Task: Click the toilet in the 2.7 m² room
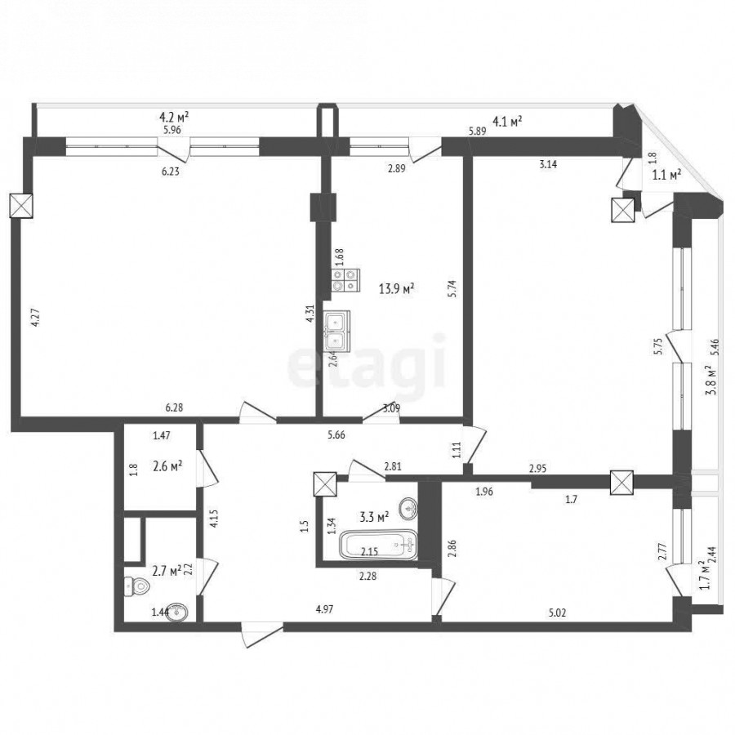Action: coord(136,586)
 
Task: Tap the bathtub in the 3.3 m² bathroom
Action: coord(378,544)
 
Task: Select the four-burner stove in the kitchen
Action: coord(346,280)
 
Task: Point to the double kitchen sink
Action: coord(336,331)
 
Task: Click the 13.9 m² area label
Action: coord(397,289)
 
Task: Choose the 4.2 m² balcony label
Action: coord(175,116)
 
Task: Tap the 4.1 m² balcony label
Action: coord(507,122)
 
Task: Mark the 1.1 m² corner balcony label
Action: coord(666,176)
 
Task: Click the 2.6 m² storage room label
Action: coord(167,466)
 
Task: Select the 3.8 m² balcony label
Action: coord(712,380)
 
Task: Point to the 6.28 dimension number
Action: coord(175,408)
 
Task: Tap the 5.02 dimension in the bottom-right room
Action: coord(557,612)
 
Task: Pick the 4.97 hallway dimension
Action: coord(325,609)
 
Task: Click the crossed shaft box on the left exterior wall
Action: coord(21,206)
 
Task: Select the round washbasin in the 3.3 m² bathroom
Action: coord(409,509)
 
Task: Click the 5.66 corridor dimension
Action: coord(336,435)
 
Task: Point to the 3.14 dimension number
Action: coord(548,164)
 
